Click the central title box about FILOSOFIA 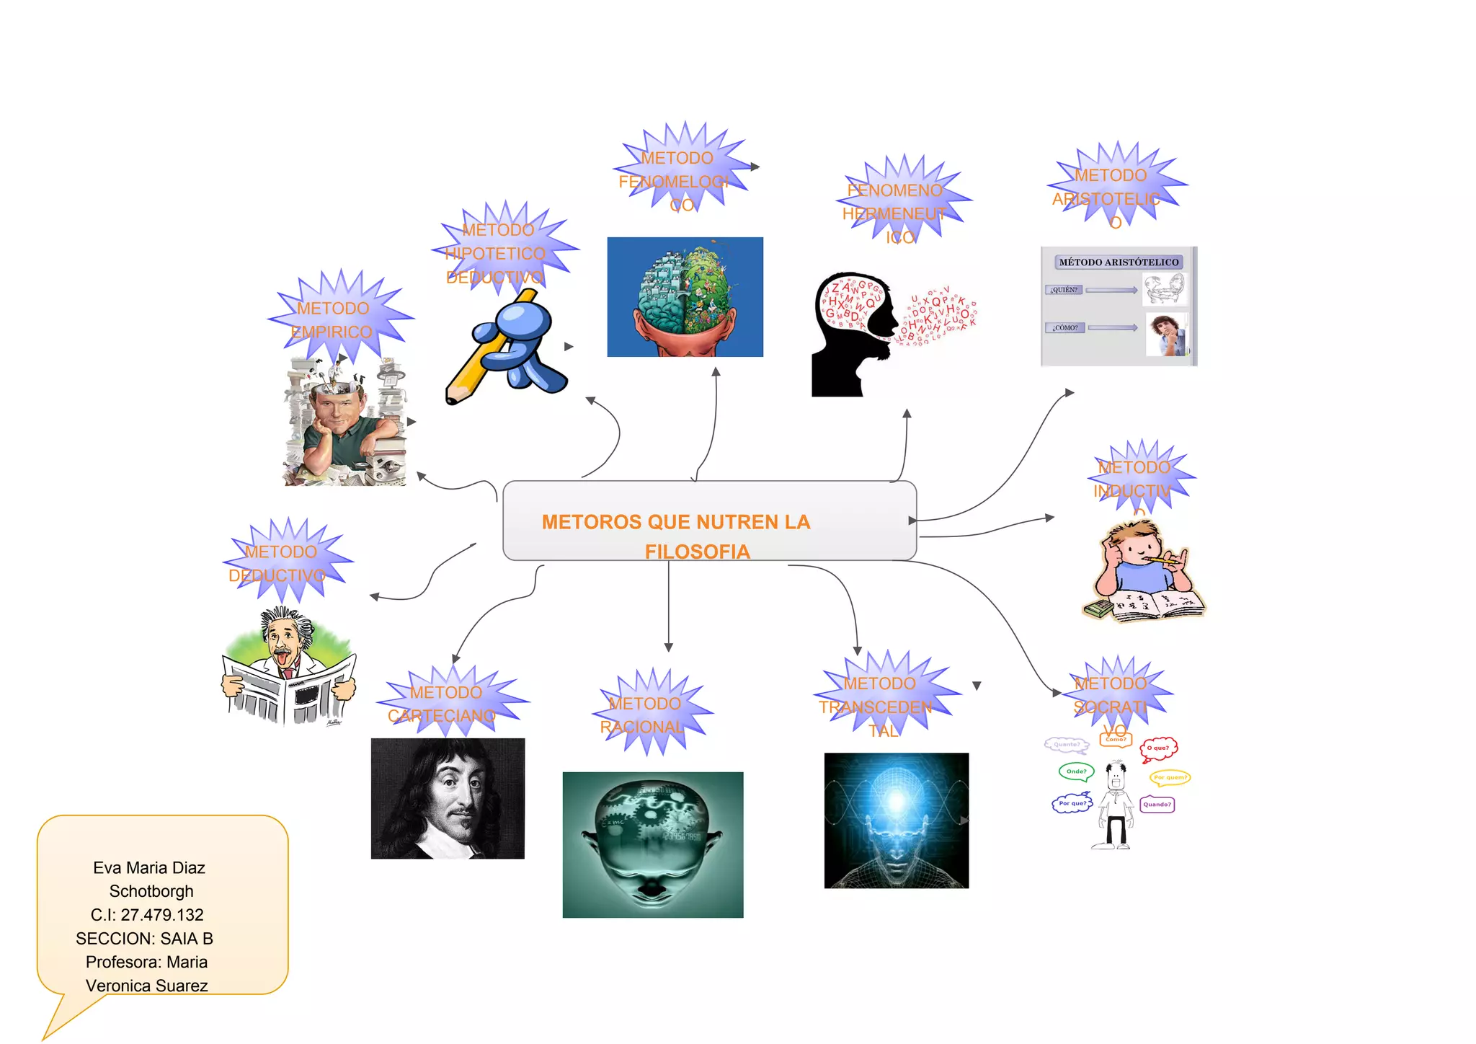709,521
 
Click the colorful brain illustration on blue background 685,296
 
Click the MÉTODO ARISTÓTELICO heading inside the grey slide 1119,262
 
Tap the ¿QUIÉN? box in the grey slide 1064,290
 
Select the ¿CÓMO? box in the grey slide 1064,328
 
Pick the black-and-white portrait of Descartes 448,798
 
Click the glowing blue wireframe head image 896,820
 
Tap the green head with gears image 652,844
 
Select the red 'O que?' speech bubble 1158,748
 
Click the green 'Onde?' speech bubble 1076,771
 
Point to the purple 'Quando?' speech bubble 1157,805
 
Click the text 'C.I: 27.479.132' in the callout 147,915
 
